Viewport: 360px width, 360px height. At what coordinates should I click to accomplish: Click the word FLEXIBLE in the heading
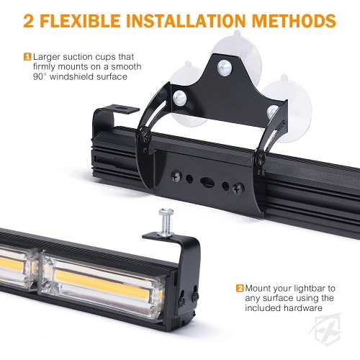coord(81,21)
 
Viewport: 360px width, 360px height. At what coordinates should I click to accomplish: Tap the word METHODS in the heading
coord(294,21)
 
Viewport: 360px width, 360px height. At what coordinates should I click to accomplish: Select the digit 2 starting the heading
coord(29,21)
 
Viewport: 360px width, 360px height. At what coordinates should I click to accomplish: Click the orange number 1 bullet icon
coord(28,57)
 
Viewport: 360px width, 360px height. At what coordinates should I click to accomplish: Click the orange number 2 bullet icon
coord(240,288)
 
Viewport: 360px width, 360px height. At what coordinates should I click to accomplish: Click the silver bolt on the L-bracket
coord(166,222)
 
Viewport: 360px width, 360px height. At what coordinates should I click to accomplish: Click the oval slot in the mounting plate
coord(207,182)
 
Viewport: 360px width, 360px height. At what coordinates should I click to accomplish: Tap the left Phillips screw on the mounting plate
coord(176,176)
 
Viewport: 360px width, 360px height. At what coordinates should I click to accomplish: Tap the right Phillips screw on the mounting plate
coord(239,189)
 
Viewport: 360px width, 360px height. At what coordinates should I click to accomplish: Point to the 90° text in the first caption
coord(40,77)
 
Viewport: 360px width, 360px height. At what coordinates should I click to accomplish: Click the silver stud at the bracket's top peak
coord(225,68)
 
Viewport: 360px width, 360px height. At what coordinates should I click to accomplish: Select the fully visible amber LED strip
coord(102,284)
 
